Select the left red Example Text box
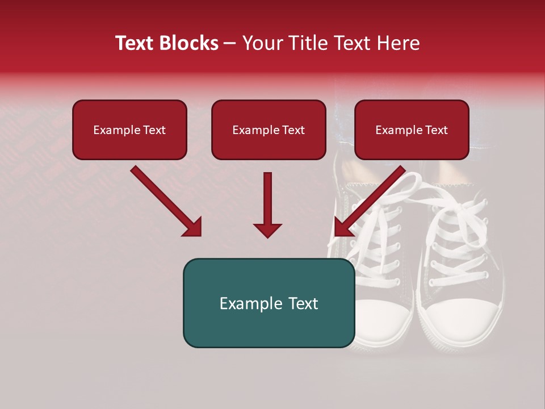[129, 130]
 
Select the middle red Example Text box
[269, 130]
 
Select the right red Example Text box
[412, 130]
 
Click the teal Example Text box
[269, 303]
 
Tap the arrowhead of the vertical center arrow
[267, 229]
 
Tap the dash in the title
[230, 44]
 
